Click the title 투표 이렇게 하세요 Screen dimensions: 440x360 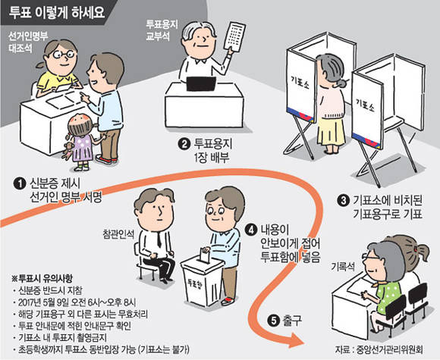57,13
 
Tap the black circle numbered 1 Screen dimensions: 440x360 19,183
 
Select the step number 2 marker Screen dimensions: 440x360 184,144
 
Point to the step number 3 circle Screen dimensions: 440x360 343,201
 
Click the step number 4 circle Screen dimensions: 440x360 250,230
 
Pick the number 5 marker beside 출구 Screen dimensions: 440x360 273,321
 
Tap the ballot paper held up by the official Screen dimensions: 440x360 234,37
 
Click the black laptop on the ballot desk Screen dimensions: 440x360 201,83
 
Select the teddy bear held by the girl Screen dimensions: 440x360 68,151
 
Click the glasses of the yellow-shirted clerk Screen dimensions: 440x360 63,55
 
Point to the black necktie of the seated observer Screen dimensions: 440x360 159,239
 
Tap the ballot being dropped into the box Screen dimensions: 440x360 205,255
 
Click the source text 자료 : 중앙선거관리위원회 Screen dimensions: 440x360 379,349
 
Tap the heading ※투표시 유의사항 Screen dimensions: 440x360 42,278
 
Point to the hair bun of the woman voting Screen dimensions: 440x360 342,83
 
